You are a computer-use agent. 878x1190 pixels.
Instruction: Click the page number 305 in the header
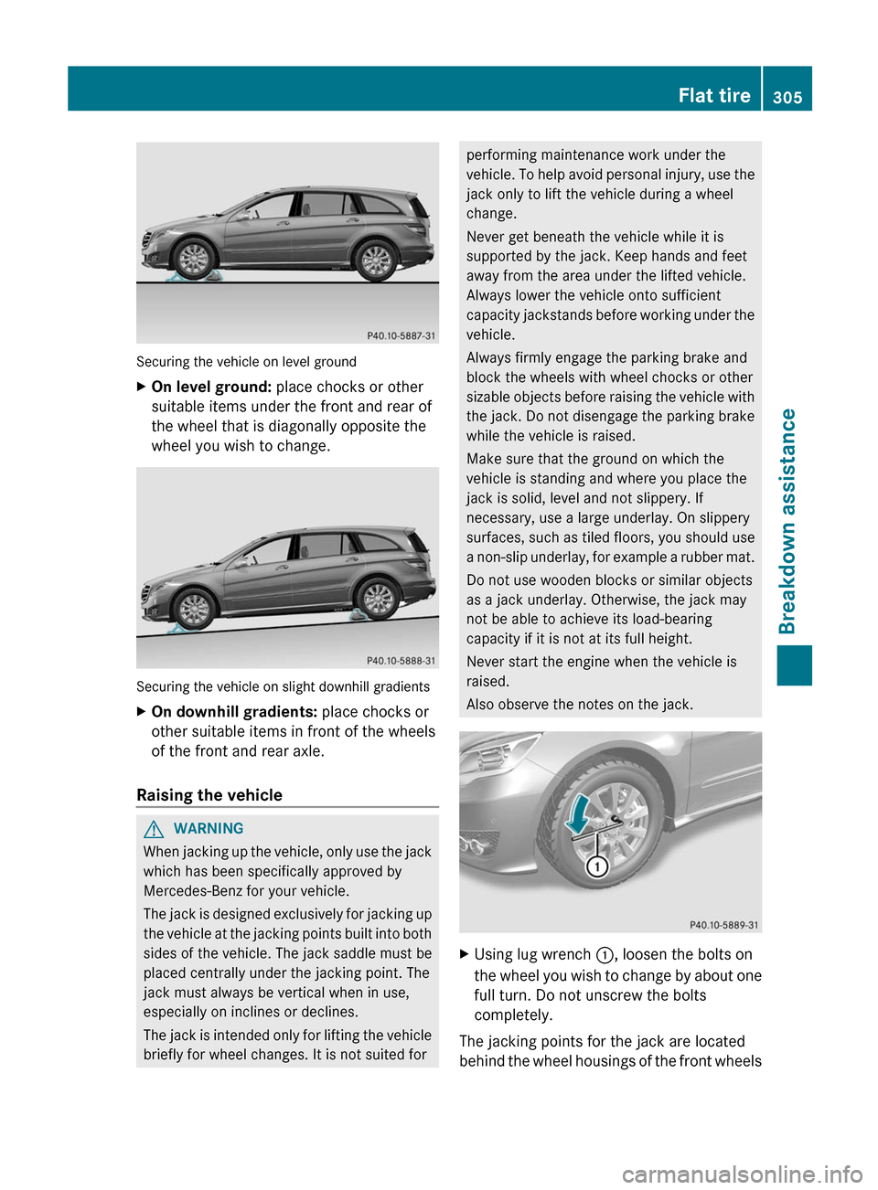pos(787,97)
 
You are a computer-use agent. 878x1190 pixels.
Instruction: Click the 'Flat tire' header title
pos(713,95)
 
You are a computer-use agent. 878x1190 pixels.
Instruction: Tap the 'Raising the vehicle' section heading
pos(209,795)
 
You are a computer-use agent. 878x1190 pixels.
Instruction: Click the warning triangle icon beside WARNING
pos(154,829)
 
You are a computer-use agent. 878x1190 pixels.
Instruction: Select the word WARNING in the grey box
pos(209,829)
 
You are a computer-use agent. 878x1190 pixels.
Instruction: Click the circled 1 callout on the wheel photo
pos(597,866)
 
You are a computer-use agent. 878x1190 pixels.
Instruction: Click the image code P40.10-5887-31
pos(401,336)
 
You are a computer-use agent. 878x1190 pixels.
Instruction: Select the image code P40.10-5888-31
pos(401,661)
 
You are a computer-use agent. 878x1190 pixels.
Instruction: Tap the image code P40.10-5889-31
pos(723,925)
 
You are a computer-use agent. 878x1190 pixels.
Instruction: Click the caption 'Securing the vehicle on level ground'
pos(246,362)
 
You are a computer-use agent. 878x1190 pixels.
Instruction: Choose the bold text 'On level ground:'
pos(211,387)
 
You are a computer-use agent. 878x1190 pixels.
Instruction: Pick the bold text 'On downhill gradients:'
pos(234,712)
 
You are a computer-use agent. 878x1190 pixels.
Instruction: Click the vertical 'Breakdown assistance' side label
pos(787,521)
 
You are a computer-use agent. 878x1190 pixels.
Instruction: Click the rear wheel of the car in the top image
pos(375,260)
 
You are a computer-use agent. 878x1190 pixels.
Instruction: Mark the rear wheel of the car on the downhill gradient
pos(378,599)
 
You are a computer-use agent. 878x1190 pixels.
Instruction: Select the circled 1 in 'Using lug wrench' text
pos(605,955)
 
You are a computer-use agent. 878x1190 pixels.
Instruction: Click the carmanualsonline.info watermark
pos(742,1174)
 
